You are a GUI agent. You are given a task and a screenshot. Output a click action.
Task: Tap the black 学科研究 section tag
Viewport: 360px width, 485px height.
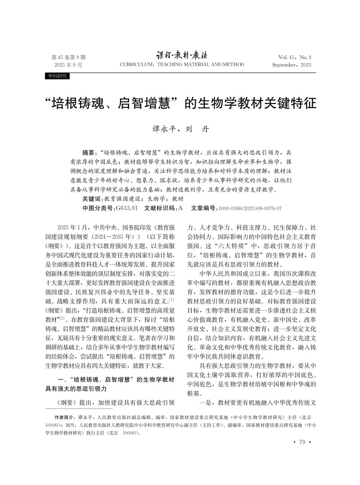coord(57,76)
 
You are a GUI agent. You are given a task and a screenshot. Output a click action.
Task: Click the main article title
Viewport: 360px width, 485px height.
coord(180,103)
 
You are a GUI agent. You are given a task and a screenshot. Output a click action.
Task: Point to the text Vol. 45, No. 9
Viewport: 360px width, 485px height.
coord(295,57)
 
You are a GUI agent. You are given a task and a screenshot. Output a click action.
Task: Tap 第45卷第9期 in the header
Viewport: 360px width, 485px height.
coord(69,57)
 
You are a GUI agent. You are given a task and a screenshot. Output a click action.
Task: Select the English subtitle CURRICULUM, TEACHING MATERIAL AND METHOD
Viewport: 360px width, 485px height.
coord(182,65)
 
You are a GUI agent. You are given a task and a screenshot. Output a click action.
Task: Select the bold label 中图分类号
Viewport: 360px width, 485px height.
coord(99,209)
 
